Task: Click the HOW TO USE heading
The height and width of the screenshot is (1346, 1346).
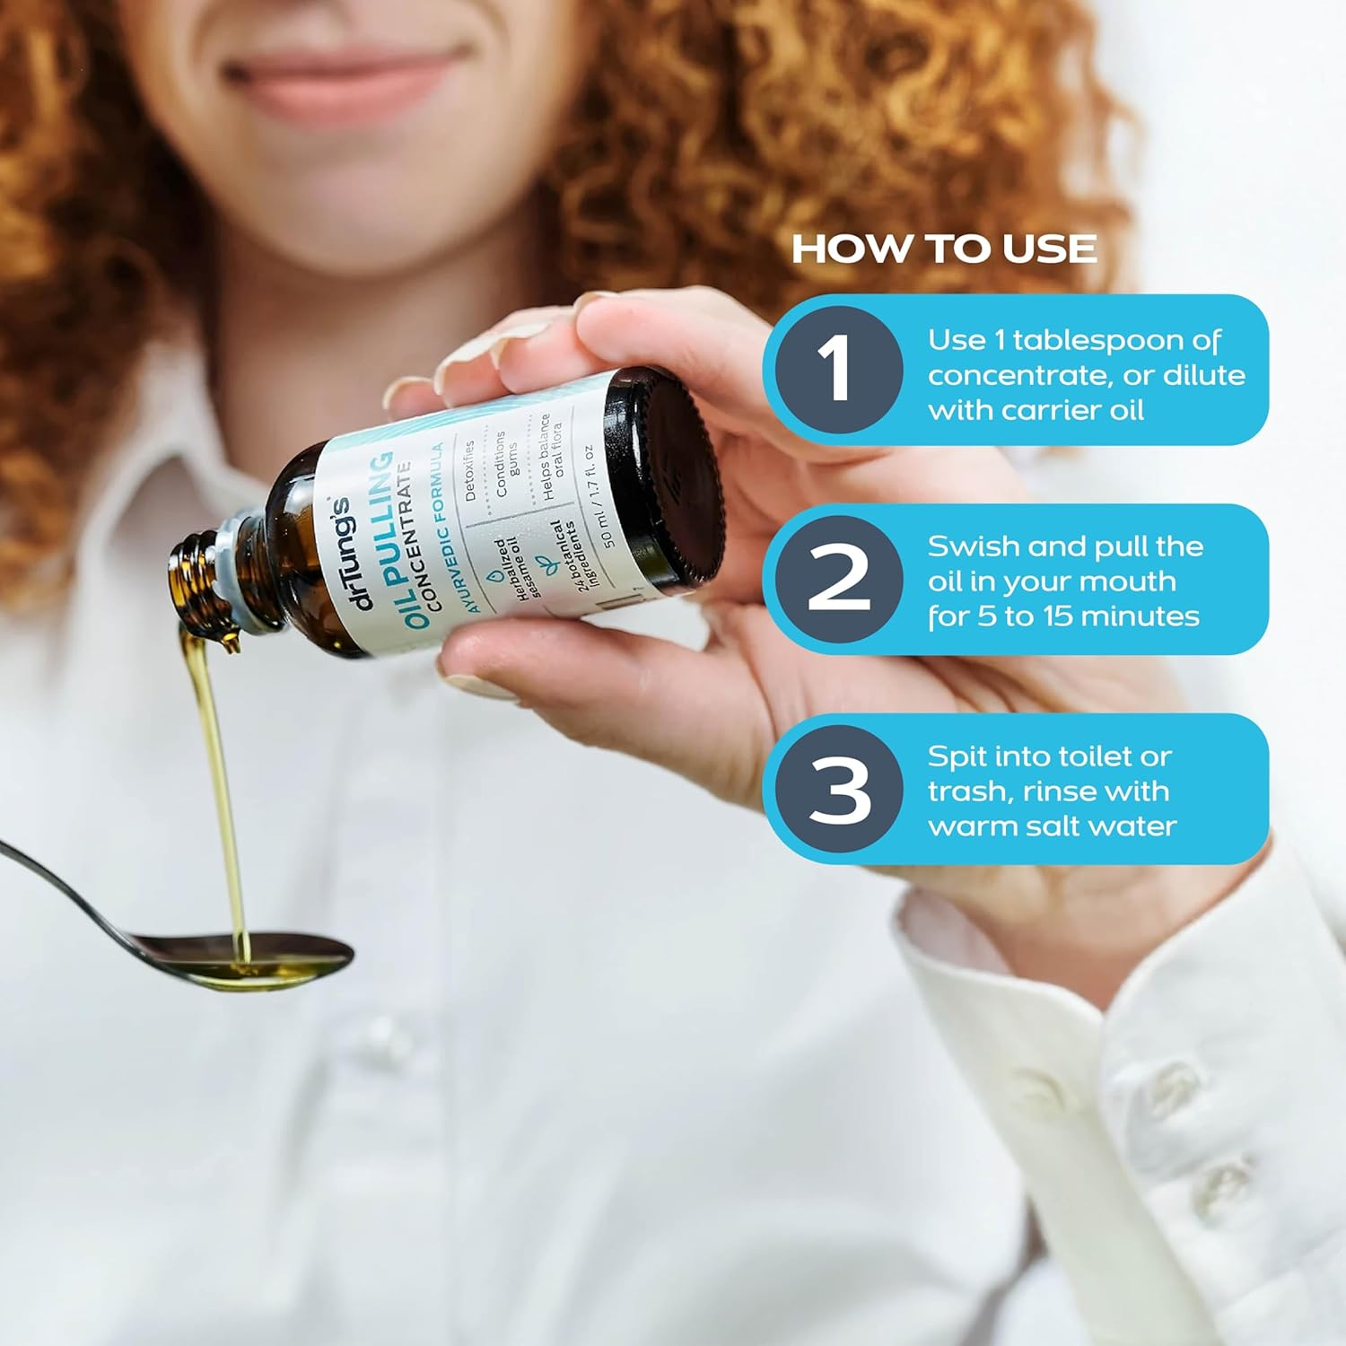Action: [944, 249]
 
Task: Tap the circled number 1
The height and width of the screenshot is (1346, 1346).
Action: [838, 369]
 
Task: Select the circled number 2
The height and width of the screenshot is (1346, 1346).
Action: [838, 579]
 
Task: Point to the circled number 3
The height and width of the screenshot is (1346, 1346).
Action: [838, 790]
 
